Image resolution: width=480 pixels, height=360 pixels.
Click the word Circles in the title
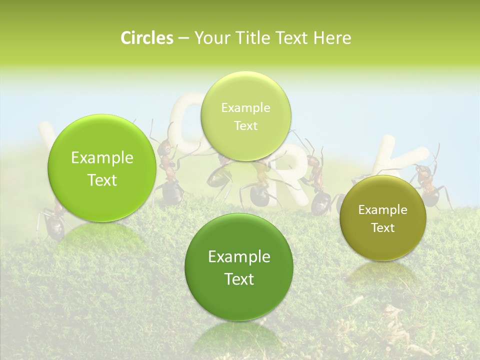146,38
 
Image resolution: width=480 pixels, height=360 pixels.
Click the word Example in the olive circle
383,209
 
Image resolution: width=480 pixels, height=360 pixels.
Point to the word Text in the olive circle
383,227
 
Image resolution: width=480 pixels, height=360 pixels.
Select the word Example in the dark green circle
239,256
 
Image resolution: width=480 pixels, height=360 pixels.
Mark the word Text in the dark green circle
239,278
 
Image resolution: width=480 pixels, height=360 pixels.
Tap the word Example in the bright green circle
102,158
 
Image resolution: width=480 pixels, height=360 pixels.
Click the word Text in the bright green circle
102,180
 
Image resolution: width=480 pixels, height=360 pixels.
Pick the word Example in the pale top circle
245,107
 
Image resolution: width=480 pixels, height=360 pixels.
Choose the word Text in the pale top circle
245,125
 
